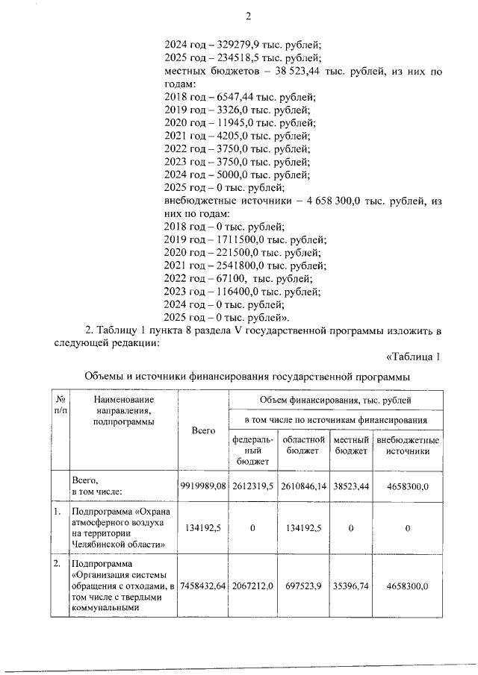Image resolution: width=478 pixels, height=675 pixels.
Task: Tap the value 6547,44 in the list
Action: tap(224, 97)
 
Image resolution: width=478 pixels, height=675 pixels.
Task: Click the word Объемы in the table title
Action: tap(102, 377)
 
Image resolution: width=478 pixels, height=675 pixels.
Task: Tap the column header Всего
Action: tap(203, 431)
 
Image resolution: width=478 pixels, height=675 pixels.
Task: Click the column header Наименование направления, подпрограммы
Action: tap(123, 411)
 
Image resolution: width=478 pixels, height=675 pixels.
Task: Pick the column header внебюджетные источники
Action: tap(407, 446)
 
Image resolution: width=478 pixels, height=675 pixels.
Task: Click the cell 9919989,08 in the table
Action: tap(203, 486)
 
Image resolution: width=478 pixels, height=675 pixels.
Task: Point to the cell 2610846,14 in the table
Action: tap(303, 486)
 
